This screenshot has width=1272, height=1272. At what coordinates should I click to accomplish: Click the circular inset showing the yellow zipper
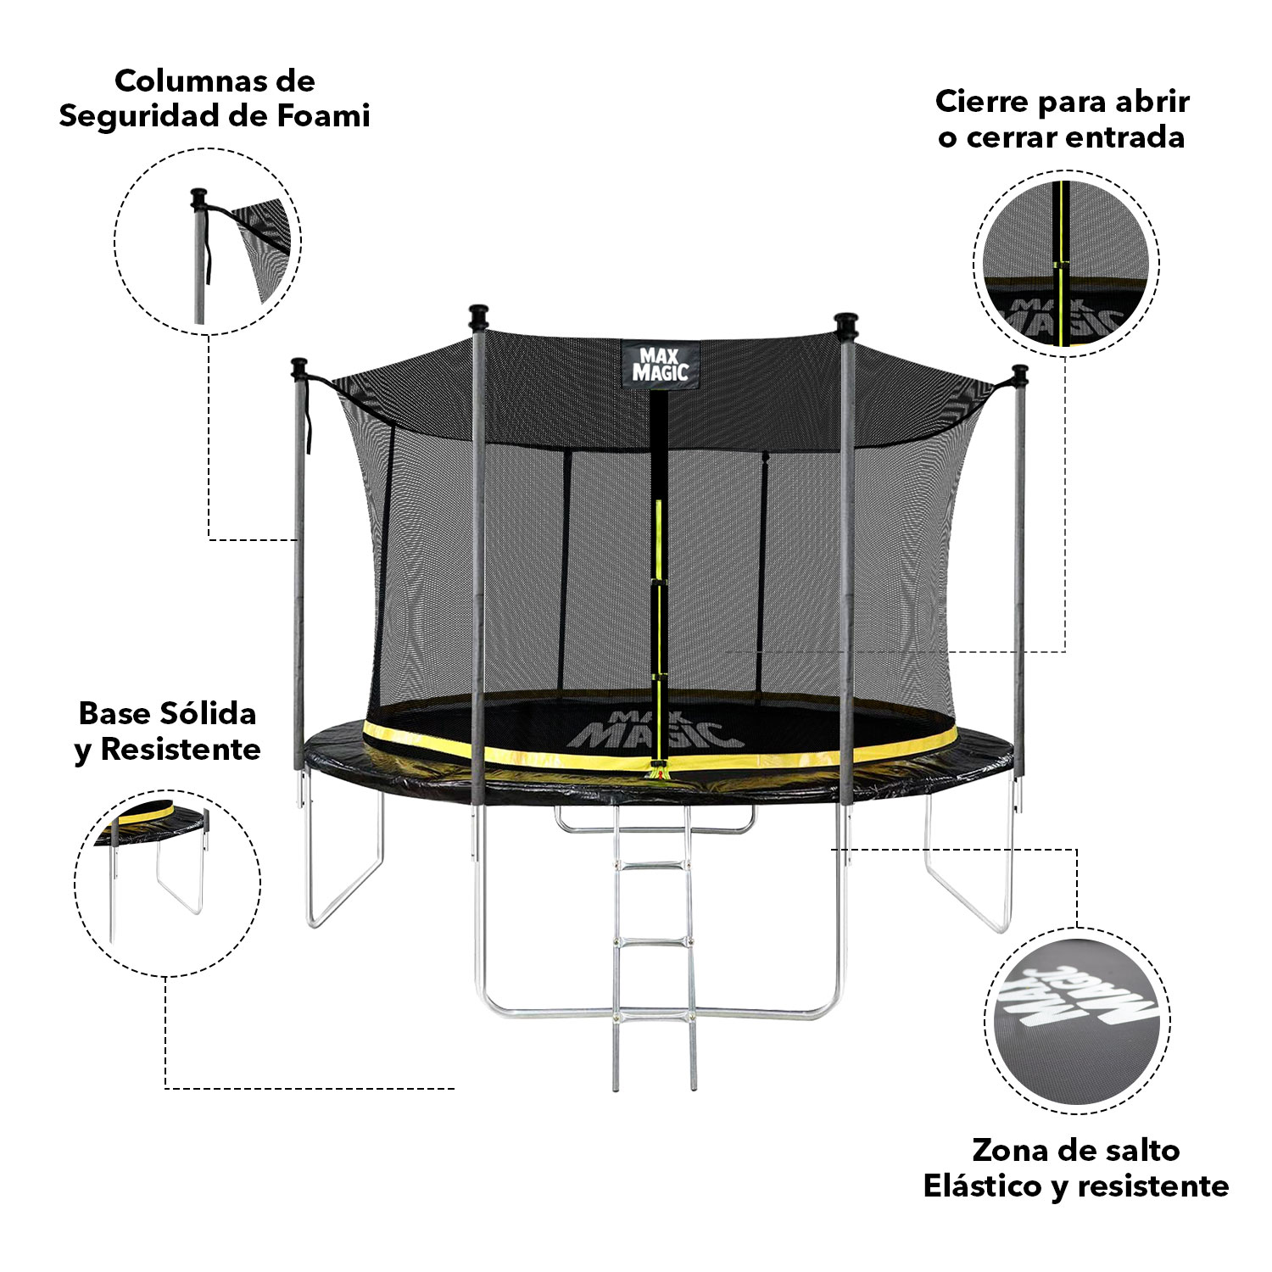pos(1066,263)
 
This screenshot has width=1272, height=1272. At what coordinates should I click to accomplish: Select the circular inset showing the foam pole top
pos(208,241)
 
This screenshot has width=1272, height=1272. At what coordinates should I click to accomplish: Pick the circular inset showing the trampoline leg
pos(167,883)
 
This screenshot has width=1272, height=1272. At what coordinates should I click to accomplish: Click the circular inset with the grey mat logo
pos(1078,1022)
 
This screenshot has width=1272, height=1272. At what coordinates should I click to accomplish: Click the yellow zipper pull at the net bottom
pos(656,773)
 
